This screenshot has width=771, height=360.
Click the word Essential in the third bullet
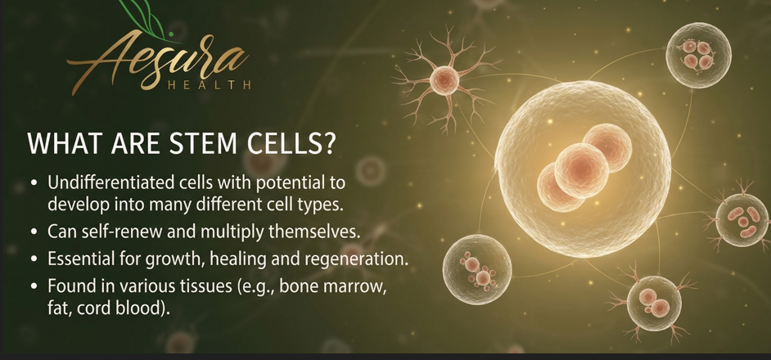tap(80, 259)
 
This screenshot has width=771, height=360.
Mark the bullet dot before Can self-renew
tap(33, 232)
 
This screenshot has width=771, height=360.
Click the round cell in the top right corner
tap(698, 55)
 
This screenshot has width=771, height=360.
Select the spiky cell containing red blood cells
tap(743, 218)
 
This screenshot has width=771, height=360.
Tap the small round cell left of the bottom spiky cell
tap(476, 269)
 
